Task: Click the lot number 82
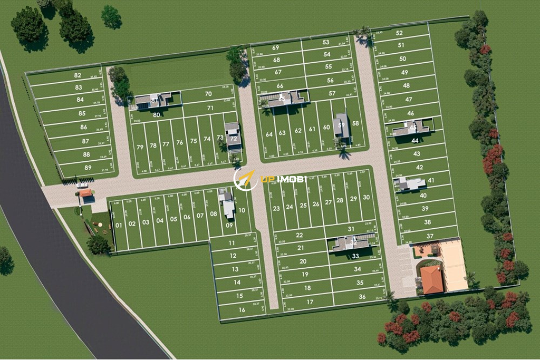click(78, 76)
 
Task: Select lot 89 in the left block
click(88, 168)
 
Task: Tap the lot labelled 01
click(119, 225)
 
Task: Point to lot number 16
click(242, 310)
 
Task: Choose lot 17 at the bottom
click(310, 302)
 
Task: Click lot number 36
click(362, 297)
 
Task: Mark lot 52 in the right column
click(399, 33)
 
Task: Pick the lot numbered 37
click(430, 236)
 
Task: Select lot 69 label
click(275, 47)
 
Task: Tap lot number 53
click(326, 42)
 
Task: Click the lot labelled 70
click(208, 94)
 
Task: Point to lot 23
click(276, 208)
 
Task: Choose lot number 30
click(366, 198)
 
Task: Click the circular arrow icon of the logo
click(244, 179)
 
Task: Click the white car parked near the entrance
click(82, 185)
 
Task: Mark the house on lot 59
click(341, 125)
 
